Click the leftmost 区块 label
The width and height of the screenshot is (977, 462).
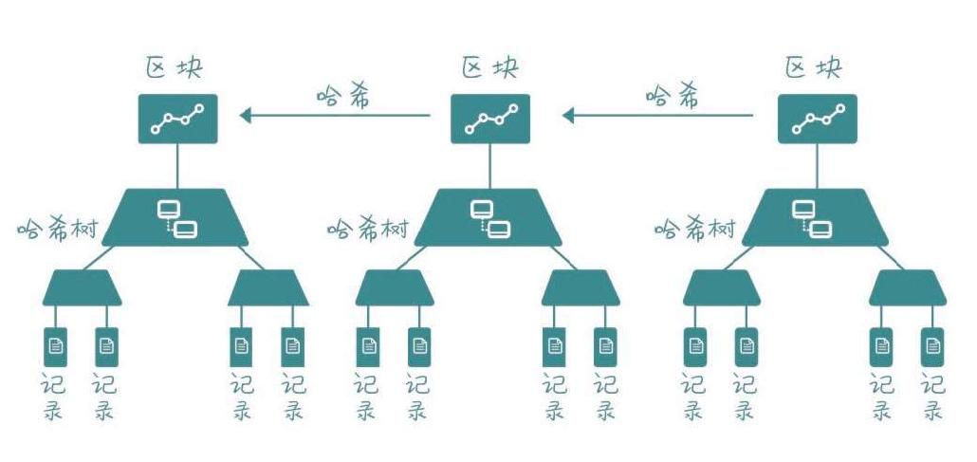click(175, 67)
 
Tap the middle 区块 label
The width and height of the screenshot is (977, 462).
click(489, 67)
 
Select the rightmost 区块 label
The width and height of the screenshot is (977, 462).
click(813, 67)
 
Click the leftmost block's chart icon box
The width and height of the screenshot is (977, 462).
click(177, 119)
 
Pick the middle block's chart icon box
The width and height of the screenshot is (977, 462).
click(490, 119)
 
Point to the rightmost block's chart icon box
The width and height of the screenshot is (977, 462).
click(818, 119)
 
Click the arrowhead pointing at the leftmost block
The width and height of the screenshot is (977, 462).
click(246, 116)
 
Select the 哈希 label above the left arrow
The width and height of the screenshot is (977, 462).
click(343, 97)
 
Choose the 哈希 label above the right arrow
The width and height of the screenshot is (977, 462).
click(672, 97)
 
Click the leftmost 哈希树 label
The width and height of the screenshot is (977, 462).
click(57, 229)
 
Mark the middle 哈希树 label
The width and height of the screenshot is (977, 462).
click(368, 229)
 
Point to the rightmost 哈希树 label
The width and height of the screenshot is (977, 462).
click(694, 229)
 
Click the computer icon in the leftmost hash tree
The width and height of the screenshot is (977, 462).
click(177, 219)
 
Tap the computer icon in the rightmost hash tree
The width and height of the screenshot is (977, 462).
click(812, 219)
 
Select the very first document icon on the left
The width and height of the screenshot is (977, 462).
click(55, 346)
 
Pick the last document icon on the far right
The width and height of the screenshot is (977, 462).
click(932, 346)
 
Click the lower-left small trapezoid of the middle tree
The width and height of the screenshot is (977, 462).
click(395, 287)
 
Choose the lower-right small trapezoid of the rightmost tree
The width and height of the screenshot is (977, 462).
click(908, 287)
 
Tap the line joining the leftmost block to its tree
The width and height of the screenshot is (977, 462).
click(177, 166)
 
